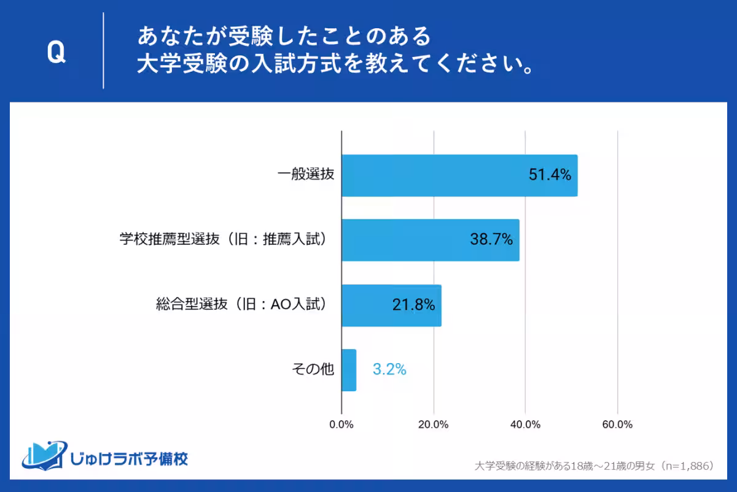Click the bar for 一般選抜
[459, 175]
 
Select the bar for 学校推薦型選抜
[430, 240]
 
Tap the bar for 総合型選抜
[391, 305]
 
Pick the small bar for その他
[349, 370]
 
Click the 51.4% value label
[550, 175]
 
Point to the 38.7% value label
[491, 240]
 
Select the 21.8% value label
[413, 305]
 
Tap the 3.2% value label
[389, 370]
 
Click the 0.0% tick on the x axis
[341, 425]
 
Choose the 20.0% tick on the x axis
[434, 425]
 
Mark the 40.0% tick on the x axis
[526, 425]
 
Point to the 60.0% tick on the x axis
[617, 425]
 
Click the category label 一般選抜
[305, 175]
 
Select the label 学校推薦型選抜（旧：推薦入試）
[225, 240]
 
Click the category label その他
[313, 369]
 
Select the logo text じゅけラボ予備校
[129, 458]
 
